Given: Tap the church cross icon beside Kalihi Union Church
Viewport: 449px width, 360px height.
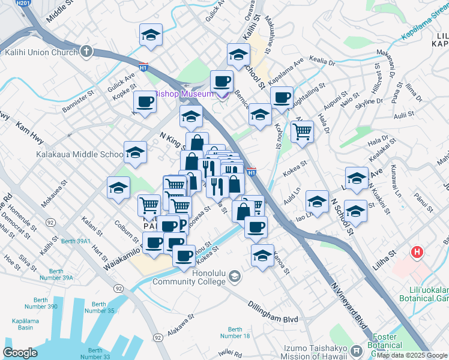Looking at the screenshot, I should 86,52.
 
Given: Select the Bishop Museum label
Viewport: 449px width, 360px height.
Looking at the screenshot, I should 184,94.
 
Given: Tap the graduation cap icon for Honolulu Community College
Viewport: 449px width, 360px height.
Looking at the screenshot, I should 234,277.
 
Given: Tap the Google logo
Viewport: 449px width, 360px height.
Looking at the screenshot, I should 20,352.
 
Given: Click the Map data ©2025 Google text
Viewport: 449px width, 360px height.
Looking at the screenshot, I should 412,355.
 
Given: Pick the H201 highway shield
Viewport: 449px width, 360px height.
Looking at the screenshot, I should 24,3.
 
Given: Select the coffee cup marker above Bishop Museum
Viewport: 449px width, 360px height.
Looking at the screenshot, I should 221,80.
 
